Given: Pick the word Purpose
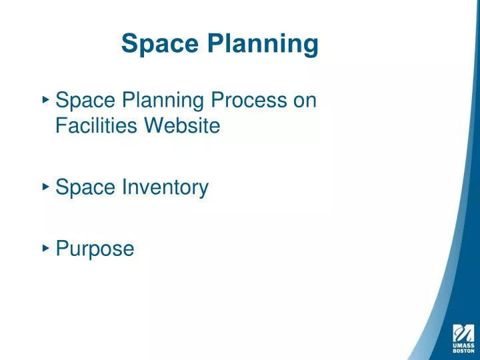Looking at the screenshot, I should pyautogui.click(x=95, y=249).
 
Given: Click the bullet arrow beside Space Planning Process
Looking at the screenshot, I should pyautogui.click(x=45, y=99).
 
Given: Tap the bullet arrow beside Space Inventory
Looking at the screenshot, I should pyautogui.click(x=45, y=187).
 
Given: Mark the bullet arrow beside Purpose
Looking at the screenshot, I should pyautogui.click(x=45, y=247).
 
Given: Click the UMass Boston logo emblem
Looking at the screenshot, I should pyautogui.click(x=463, y=331).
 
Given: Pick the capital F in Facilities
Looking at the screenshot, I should pyautogui.click(x=61, y=125).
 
